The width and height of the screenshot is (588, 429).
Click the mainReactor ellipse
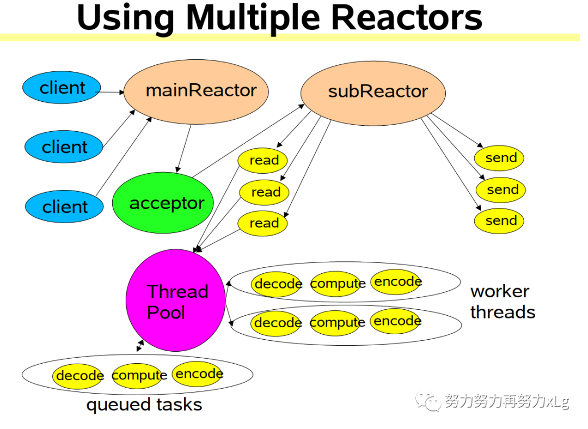click(x=197, y=90)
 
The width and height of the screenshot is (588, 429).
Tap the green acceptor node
click(x=163, y=203)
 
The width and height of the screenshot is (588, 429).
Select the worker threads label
click(x=502, y=302)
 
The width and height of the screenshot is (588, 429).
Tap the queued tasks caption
click(x=144, y=405)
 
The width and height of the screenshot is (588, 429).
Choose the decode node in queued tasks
click(x=79, y=376)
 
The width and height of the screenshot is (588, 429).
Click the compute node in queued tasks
click(x=139, y=376)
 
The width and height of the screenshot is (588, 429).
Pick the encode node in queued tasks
click(x=199, y=374)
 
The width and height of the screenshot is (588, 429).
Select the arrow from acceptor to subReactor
click(x=248, y=141)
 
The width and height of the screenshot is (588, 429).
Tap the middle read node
click(x=265, y=192)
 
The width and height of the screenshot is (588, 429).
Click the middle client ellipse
click(x=64, y=147)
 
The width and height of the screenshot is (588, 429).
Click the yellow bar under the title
click(x=294, y=37)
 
